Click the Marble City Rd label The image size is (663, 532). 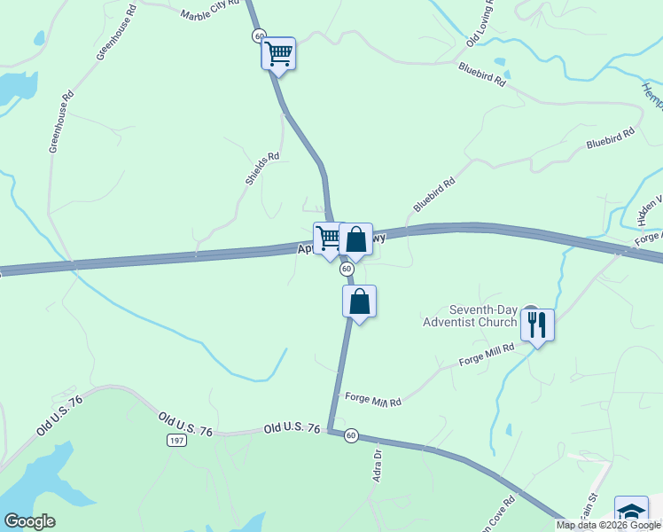[210, 10]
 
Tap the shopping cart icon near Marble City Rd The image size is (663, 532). [278, 53]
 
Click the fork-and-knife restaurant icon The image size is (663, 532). [537, 325]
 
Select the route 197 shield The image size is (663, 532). [175, 441]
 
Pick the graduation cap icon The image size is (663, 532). [631, 513]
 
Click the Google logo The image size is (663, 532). [29, 521]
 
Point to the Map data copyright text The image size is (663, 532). [609, 525]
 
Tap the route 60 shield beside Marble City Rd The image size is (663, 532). [258, 35]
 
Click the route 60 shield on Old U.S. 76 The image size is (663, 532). [352, 435]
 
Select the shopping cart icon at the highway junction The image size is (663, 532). [329, 239]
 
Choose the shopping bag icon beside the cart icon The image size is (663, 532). [355, 239]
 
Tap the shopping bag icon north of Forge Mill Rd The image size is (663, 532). [359, 301]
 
